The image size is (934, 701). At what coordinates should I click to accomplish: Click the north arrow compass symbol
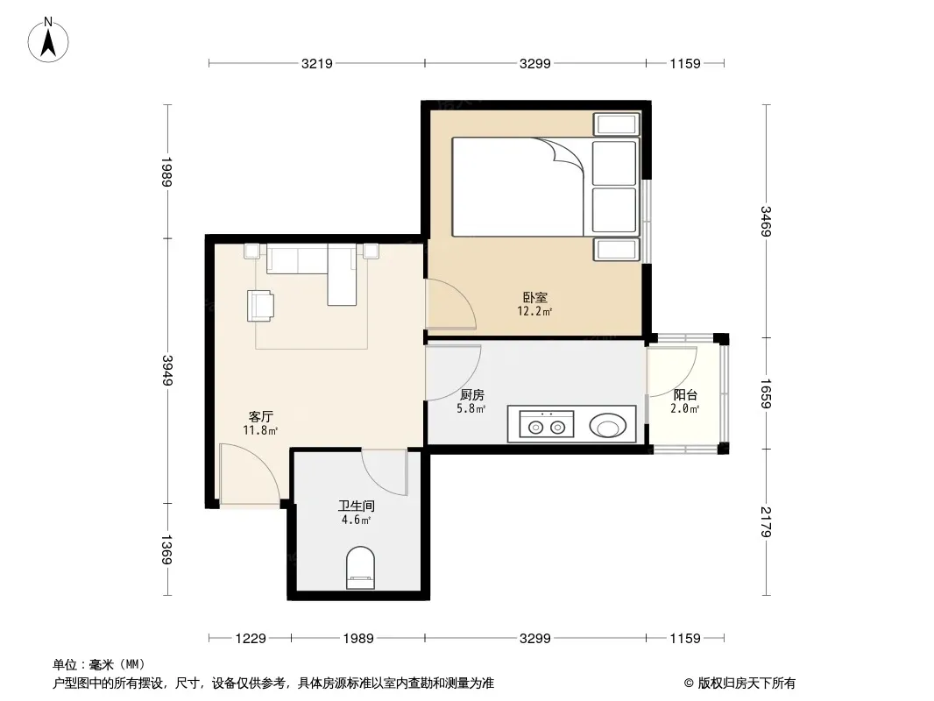[x=48, y=40]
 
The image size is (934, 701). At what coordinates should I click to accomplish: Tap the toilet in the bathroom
[x=360, y=568]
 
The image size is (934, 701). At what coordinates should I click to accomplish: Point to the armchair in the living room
[x=261, y=306]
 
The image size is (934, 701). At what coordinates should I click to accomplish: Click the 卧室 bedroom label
[x=535, y=296]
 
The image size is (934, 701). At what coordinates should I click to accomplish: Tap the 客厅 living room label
[x=260, y=416]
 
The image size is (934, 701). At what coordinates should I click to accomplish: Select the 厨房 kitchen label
[x=471, y=394]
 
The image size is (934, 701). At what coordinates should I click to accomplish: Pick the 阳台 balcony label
[x=685, y=394]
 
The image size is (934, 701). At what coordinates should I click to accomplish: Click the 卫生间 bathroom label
[x=357, y=506]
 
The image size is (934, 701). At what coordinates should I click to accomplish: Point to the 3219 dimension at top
[x=317, y=63]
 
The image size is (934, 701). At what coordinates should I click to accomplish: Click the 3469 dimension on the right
[x=766, y=221]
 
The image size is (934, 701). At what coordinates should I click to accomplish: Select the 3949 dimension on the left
[x=167, y=371]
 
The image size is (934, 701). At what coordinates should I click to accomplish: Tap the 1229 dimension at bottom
[x=251, y=639]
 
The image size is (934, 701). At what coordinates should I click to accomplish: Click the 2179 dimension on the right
[x=766, y=521]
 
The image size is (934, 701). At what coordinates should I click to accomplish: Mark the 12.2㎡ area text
[x=534, y=311]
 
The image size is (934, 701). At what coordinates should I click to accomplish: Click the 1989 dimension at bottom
[x=358, y=639]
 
